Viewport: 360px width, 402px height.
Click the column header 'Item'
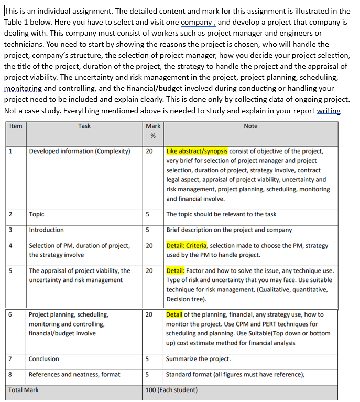(x=16, y=126)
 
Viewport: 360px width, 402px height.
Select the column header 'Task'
(x=84, y=126)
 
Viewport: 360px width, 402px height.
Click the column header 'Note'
(x=250, y=126)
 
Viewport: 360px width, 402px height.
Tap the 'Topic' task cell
(x=37, y=214)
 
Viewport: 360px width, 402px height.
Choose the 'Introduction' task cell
(x=46, y=230)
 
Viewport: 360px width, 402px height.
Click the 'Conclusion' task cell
(x=44, y=359)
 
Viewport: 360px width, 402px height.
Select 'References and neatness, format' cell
(x=74, y=374)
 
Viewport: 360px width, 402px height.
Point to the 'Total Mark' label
(x=24, y=390)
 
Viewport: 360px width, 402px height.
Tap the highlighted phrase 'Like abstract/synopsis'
(x=197, y=151)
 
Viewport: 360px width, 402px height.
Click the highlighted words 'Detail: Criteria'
(x=187, y=245)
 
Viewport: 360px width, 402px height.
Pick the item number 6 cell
(x=11, y=314)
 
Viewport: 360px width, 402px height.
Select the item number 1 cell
(x=11, y=151)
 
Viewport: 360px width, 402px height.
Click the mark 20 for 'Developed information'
(x=149, y=151)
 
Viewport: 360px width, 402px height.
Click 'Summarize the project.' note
(x=198, y=359)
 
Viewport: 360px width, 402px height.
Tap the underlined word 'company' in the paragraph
(x=197, y=23)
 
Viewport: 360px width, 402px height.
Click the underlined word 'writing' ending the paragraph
(x=329, y=110)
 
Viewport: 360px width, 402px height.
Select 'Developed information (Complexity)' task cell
(x=79, y=151)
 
